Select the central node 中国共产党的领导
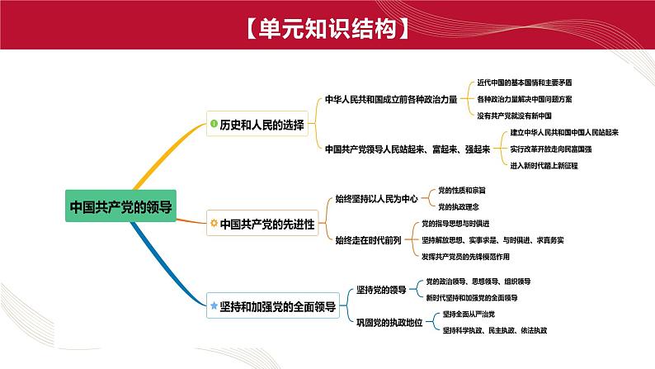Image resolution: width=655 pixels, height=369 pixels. [x=122, y=205]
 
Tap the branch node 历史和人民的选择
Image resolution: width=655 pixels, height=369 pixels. [x=262, y=125]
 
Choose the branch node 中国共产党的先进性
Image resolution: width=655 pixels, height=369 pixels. [x=266, y=224]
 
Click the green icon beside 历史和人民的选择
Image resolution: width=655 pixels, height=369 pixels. [x=214, y=125]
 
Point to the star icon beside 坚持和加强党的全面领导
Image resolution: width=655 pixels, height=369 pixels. [x=214, y=305]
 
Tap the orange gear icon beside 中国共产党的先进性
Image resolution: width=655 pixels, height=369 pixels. [x=214, y=224]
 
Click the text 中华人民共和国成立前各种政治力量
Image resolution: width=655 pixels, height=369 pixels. [x=391, y=98]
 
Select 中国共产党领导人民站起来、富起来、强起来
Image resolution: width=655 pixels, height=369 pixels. [x=408, y=149]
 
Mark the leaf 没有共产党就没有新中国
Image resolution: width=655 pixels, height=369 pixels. [x=515, y=115]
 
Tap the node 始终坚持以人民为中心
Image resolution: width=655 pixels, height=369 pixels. [x=377, y=198]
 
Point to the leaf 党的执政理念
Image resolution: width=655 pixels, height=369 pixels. [x=457, y=206]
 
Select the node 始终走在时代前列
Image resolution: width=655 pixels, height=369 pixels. [x=369, y=240]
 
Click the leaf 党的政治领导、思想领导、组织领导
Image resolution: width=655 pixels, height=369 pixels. [x=477, y=281]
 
